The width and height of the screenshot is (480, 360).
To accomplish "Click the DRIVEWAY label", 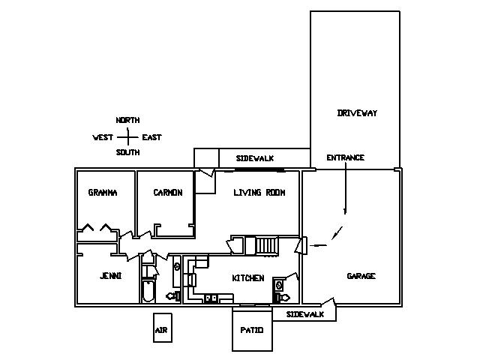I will tap(357, 113).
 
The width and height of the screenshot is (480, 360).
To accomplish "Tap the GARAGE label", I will tap(361, 276).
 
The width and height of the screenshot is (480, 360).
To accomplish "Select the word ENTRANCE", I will tap(345, 157).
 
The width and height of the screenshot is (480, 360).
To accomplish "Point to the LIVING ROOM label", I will tap(259, 193).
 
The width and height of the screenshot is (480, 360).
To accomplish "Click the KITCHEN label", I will tap(247, 278).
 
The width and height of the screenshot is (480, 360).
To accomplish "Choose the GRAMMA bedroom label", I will tap(103, 193).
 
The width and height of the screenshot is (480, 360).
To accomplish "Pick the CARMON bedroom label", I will tap(167, 193).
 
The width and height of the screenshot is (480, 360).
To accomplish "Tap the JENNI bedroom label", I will tap(110, 276).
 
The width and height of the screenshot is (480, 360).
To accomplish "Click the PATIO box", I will tap(251, 329).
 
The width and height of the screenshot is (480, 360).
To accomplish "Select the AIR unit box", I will tap(160, 328).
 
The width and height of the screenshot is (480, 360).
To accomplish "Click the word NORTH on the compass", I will tap(127, 120).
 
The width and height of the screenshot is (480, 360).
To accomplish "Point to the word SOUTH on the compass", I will tap(127, 153).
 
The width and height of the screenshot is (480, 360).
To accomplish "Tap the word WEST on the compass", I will tap(103, 137).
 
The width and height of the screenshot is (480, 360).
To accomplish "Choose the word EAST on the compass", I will tap(151, 137).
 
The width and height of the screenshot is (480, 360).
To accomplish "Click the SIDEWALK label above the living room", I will tap(254, 158).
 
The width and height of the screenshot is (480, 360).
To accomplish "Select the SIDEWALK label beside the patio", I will tap(305, 314).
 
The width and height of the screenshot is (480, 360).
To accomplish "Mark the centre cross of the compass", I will tap(127, 137).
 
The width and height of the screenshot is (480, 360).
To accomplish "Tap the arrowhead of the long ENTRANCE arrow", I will tap(345, 213).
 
